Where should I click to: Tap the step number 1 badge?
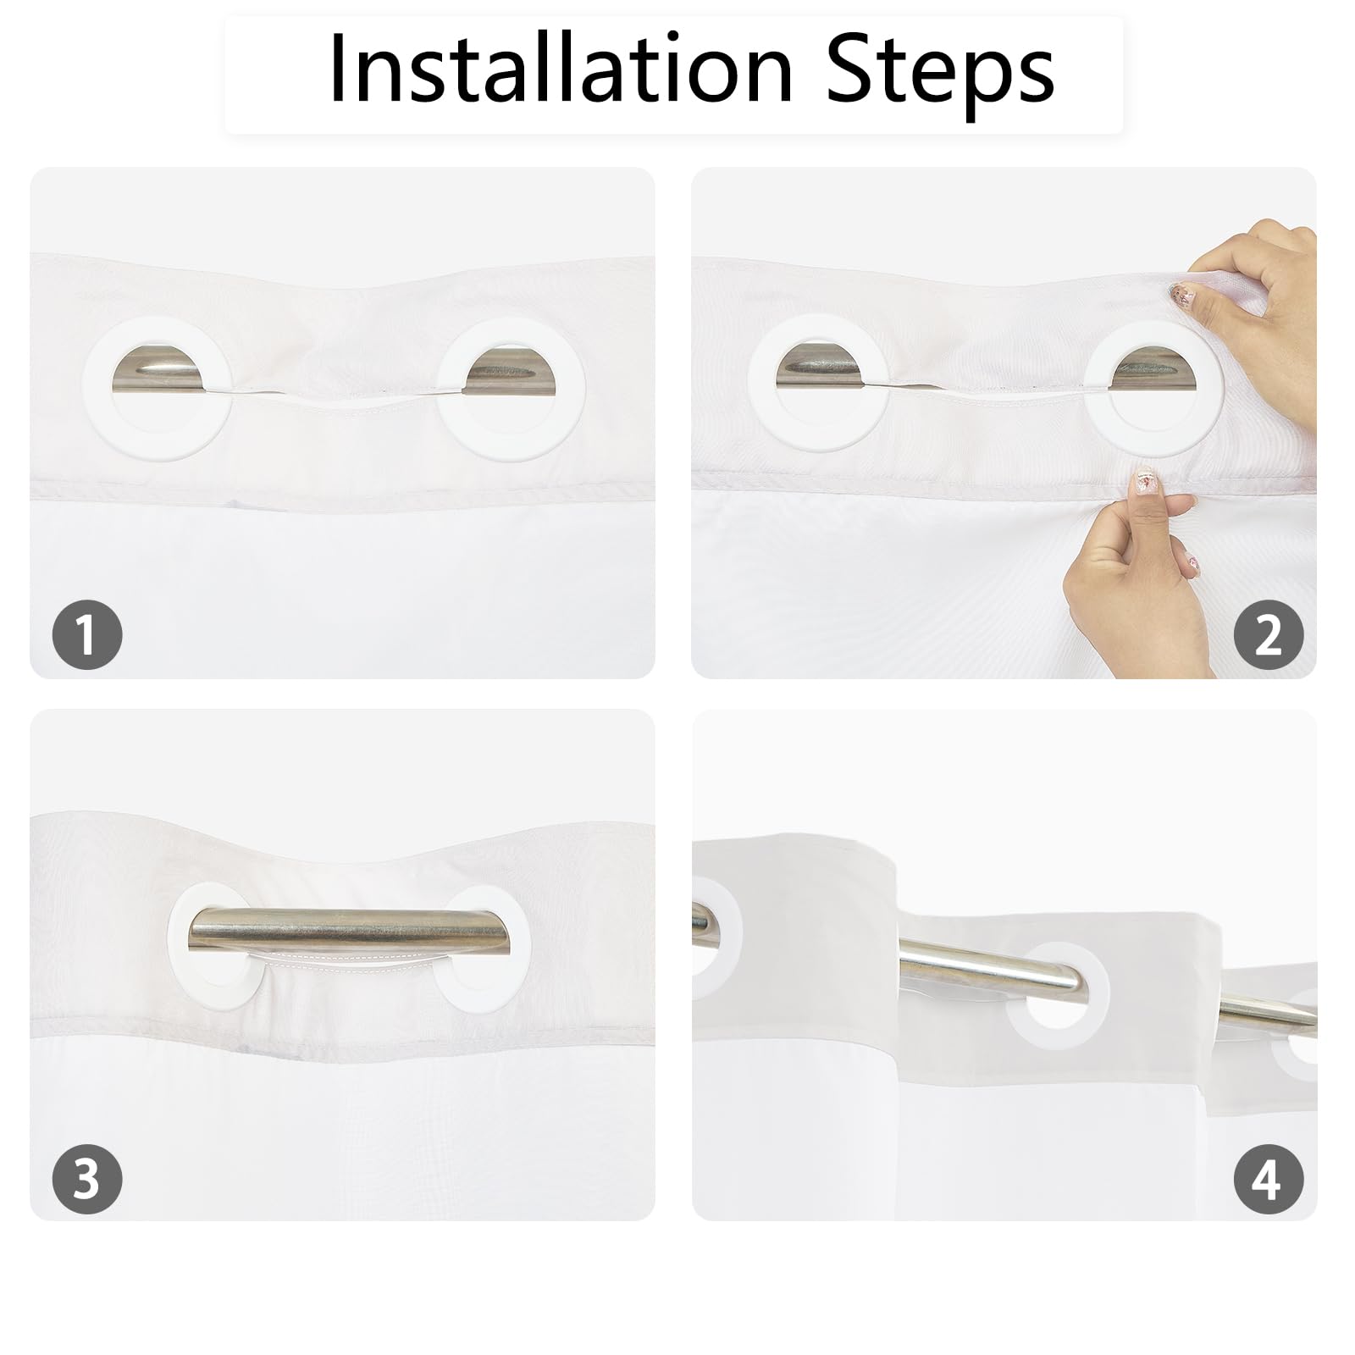(87, 634)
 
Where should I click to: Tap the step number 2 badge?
(1268, 634)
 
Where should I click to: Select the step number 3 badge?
(87, 1178)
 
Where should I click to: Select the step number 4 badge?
(1268, 1178)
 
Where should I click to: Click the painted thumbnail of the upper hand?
(1180, 294)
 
